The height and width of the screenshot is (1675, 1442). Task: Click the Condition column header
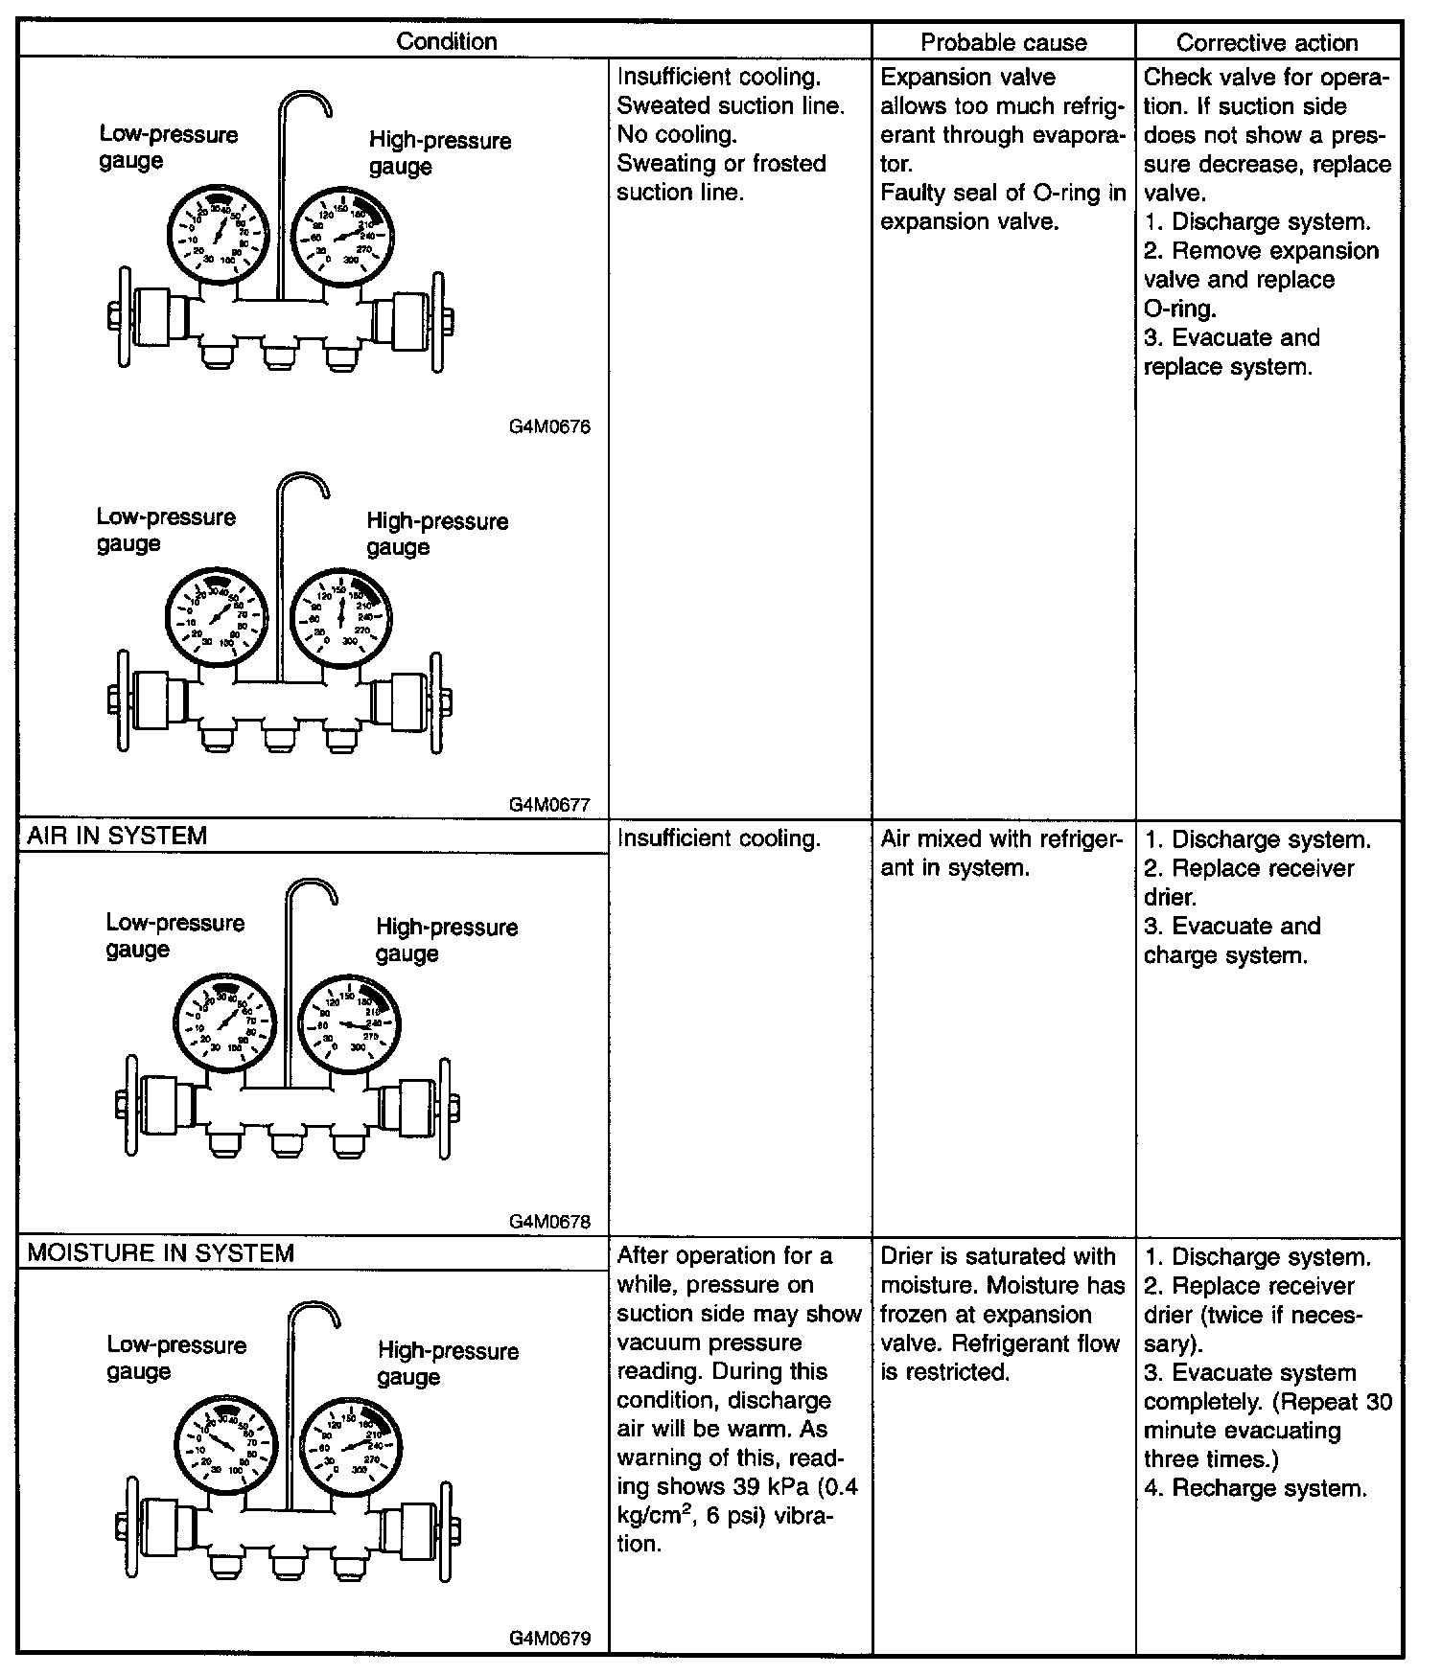click(x=446, y=41)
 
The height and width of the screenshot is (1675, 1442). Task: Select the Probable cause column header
click(x=1003, y=42)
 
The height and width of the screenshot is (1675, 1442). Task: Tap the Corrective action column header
click(x=1267, y=42)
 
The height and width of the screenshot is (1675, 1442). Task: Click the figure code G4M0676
click(x=550, y=427)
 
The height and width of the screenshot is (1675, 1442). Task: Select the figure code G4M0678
click(x=550, y=1222)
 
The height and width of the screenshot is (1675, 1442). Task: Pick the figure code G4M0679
click(x=550, y=1639)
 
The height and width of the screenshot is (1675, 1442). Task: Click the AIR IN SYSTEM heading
click(x=117, y=836)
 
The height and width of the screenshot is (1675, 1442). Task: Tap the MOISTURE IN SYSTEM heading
click(x=161, y=1253)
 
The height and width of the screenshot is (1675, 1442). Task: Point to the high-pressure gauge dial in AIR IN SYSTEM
click(x=351, y=1023)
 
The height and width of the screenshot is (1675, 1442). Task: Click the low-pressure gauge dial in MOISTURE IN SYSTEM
click(x=226, y=1444)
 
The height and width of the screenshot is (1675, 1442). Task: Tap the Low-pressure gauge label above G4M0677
click(x=165, y=530)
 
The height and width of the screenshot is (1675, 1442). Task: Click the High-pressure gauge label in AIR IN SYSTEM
click(x=446, y=940)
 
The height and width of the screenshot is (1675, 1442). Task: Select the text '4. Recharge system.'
click(x=1255, y=1488)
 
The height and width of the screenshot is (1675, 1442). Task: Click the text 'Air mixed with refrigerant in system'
click(x=1000, y=853)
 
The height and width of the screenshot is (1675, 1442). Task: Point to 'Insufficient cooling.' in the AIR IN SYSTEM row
click(x=719, y=838)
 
